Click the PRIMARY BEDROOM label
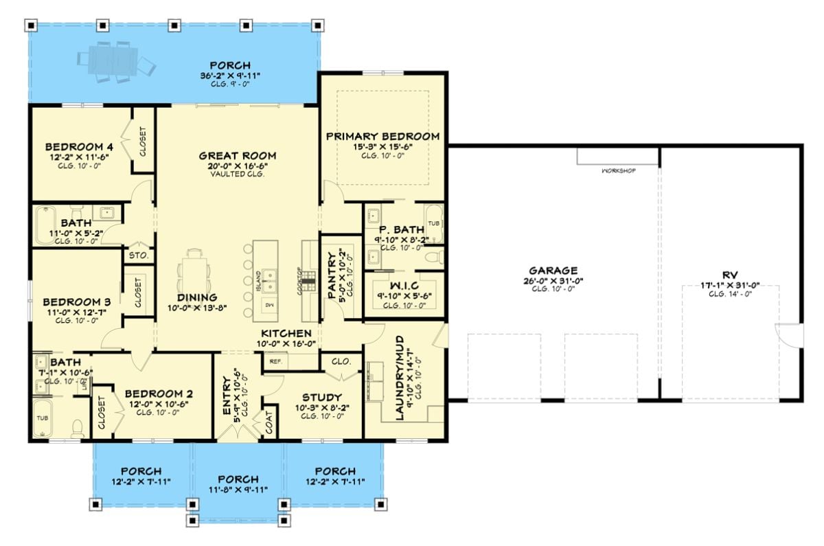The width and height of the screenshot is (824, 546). click(382, 136)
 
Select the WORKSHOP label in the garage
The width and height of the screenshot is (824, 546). click(618, 170)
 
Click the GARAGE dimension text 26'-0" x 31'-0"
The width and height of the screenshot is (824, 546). click(553, 280)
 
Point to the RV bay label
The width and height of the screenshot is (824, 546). click(729, 271)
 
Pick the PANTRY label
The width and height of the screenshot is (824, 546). click(332, 275)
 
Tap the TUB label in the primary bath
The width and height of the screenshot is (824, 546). click(433, 224)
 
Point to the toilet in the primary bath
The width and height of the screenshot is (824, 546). click(432, 258)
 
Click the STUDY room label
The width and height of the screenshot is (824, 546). click(322, 397)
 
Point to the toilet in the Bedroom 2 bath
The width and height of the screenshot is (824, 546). click(77, 429)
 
